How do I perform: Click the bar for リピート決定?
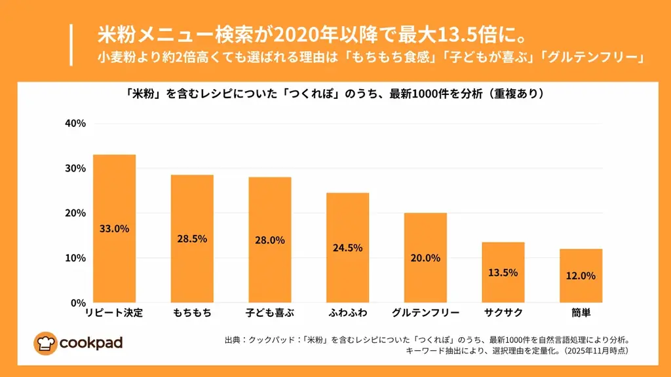[114, 228]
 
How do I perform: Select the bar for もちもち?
[192, 238]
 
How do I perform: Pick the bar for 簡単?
[581, 276]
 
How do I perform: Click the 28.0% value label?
[270, 240]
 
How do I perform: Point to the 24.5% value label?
[347, 248]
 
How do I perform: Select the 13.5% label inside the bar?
[503, 272]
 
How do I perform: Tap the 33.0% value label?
[114, 229]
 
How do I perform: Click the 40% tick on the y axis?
[74, 124]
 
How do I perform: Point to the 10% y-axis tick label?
[74, 258]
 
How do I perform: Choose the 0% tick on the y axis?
[77, 303]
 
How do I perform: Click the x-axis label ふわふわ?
[347, 313]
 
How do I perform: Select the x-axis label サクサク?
[503, 313]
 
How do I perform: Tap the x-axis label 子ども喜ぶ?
[270, 313]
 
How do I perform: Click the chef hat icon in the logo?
[46, 342]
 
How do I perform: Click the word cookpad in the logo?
[90, 342]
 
